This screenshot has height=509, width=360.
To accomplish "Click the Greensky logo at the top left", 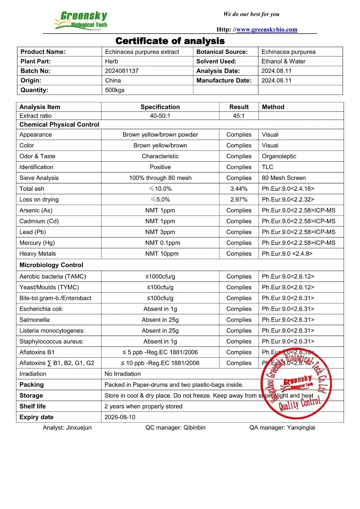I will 81,20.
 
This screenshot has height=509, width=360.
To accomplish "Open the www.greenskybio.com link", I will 267,29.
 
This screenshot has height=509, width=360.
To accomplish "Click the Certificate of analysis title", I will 170,41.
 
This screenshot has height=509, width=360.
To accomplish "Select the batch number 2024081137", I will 122,71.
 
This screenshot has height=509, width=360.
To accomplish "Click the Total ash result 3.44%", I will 239,189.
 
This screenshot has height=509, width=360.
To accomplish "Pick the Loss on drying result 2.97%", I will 239,200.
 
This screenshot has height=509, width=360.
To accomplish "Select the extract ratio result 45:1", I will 239,116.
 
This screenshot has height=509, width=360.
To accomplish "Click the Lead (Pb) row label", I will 33,232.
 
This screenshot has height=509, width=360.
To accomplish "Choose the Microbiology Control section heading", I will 51,265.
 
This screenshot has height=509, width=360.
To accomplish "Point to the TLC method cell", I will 267,167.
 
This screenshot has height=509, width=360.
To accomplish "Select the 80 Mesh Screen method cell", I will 284,178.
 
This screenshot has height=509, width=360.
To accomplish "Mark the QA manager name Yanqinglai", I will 301,427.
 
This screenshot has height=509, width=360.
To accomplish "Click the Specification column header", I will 160,107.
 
